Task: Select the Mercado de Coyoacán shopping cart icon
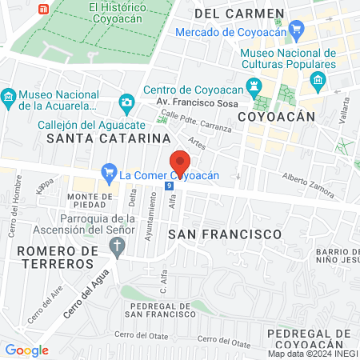(x=297, y=31)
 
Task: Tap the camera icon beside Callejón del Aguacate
(x=126, y=102)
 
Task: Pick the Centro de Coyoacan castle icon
(x=254, y=86)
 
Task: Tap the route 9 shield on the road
(x=168, y=186)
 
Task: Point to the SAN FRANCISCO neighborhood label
(x=225, y=234)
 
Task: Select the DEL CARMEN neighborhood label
(x=238, y=14)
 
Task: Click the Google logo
(x=26, y=350)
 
